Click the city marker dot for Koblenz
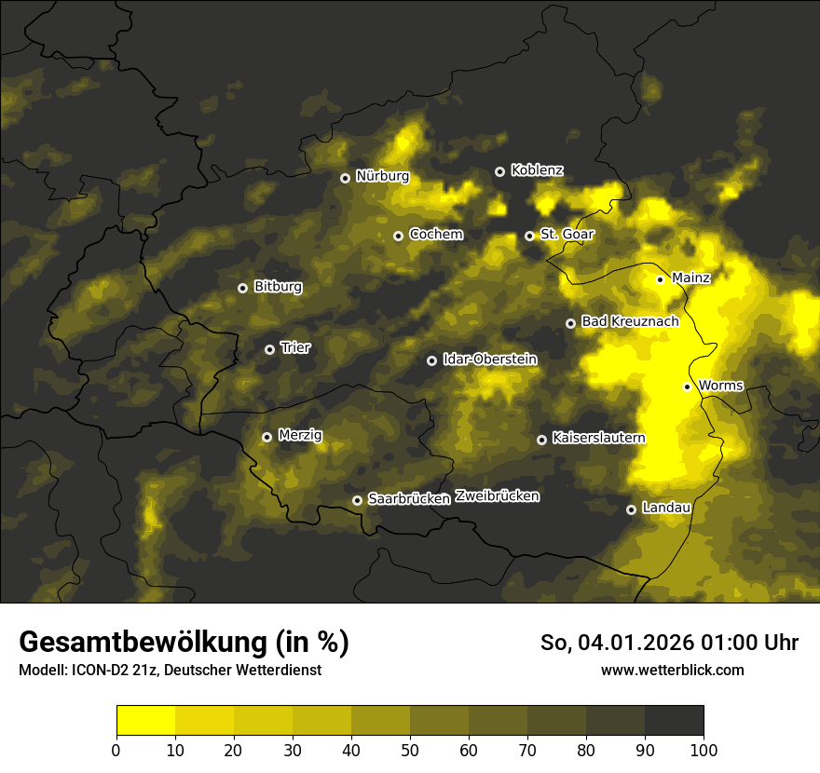pos(499,171)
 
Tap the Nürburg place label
pos(382,176)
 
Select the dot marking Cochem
pos(398,236)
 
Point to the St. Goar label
pos(567,235)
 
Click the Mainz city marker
pos(660,279)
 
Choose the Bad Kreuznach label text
pos(630,321)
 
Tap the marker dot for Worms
pos(687,386)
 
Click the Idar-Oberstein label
pos(490,359)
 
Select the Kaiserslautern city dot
pos(541,440)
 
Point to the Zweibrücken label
pos(497,496)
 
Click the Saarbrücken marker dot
pos(357,500)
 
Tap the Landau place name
pos(666,508)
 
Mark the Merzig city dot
pos(266,437)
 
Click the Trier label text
pos(295,347)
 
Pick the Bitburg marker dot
pos(242,288)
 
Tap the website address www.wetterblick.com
pos(672,670)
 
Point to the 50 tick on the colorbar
pos(410,750)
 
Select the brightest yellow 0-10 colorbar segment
pos(145,721)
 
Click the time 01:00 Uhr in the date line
pos(744,643)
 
